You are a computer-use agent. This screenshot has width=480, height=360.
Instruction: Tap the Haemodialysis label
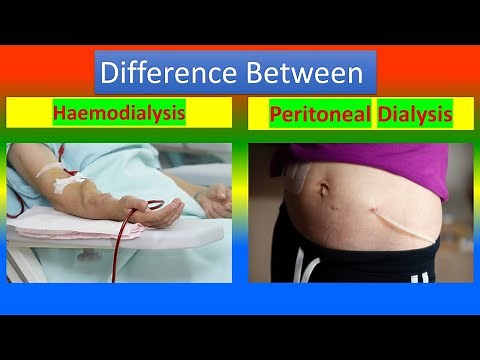(x=119, y=113)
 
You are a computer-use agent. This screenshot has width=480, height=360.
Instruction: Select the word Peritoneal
(x=319, y=115)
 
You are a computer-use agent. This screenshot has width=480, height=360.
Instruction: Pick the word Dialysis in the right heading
(x=414, y=115)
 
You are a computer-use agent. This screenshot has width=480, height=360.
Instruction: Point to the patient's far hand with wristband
(x=212, y=200)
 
